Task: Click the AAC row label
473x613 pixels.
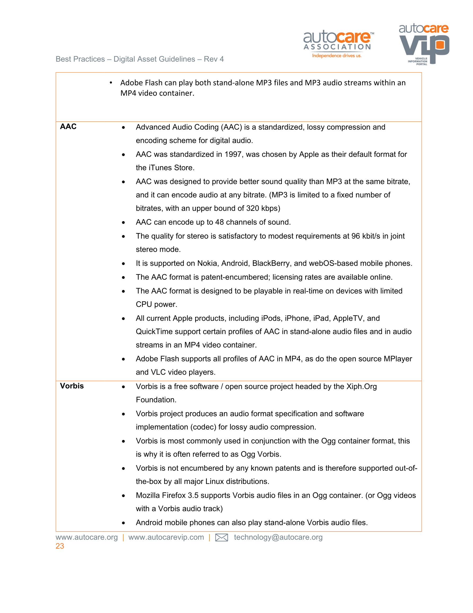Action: (x=68, y=127)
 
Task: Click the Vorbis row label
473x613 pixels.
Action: (x=72, y=386)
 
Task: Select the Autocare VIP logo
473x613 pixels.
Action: (x=424, y=44)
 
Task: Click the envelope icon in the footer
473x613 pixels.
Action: (x=221, y=538)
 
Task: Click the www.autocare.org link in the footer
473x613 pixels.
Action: (x=87, y=537)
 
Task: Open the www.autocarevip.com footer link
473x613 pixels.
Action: (x=166, y=537)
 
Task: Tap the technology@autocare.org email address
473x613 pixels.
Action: (x=278, y=537)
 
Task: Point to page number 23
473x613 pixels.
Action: (x=60, y=546)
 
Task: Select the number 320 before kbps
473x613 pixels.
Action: (x=253, y=208)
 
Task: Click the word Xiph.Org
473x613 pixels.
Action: (x=361, y=387)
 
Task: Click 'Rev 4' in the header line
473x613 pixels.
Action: (x=214, y=59)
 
